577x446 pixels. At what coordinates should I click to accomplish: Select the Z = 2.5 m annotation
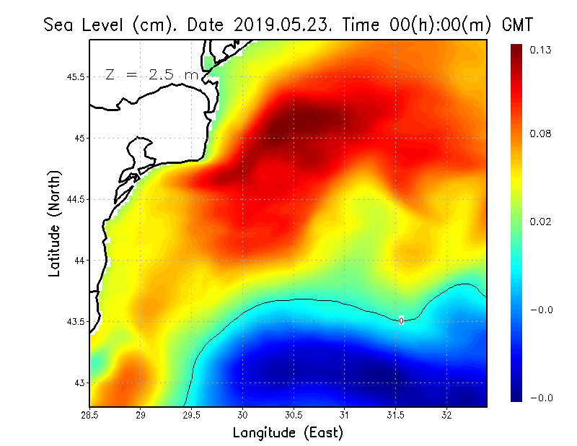(151, 74)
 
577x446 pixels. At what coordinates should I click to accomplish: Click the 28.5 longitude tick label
(90, 416)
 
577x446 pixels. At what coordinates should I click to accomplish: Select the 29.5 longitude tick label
(192, 416)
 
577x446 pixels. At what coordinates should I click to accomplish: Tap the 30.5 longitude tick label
(294, 416)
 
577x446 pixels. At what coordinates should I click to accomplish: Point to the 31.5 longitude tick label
(395, 416)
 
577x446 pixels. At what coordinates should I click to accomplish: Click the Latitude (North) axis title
(54, 224)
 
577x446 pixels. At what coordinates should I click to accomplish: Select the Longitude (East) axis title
(288, 432)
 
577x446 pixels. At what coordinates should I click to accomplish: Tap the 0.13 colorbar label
(540, 50)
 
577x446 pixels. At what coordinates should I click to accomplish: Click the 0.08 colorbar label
(540, 134)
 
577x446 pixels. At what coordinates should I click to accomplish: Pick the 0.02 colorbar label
(540, 222)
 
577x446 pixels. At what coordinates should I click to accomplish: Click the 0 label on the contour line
(401, 320)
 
